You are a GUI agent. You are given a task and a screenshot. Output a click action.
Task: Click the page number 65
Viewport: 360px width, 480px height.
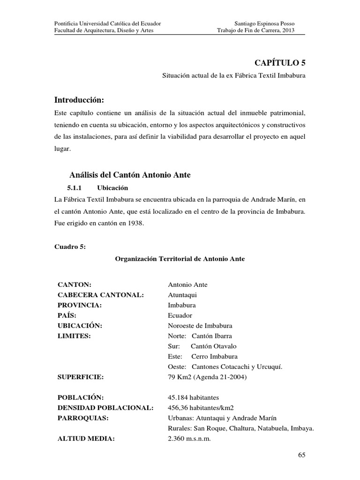(x=301, y=455)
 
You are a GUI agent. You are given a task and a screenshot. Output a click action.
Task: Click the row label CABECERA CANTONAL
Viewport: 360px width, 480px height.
(x=100, y=295)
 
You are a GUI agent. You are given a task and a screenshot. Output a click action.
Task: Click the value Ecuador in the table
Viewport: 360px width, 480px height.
(x=180, y=315)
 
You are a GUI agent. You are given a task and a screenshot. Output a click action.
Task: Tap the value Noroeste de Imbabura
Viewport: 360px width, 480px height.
(x=200, y=326)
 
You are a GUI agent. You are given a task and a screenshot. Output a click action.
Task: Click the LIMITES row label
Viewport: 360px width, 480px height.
(x=74, y=336)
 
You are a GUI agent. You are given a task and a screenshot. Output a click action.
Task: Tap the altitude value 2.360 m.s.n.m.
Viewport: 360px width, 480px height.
(x=189, y=439)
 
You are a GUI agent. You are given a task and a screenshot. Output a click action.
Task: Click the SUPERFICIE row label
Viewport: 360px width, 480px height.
(x=80, y=377)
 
